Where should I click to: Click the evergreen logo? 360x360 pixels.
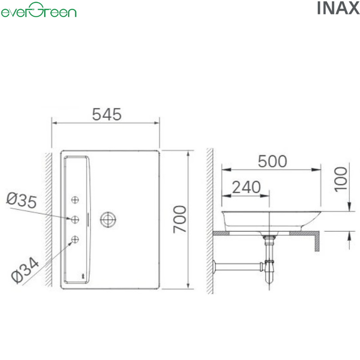click(x=39, y=10)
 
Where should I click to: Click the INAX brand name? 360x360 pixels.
click(x=338, y=9)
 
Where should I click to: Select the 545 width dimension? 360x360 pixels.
click(x=107, y=114)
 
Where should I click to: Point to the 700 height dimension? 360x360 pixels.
click(x=180, y=219)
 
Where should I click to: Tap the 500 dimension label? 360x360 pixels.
click(x=272, y=161)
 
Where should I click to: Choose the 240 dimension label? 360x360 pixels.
click(x=246, y=187)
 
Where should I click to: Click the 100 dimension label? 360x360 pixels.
click(x=341, y=179)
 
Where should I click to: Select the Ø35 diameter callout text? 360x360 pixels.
click(x=22, y=200)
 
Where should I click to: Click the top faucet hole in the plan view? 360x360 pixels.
click(x=75, y=200)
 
